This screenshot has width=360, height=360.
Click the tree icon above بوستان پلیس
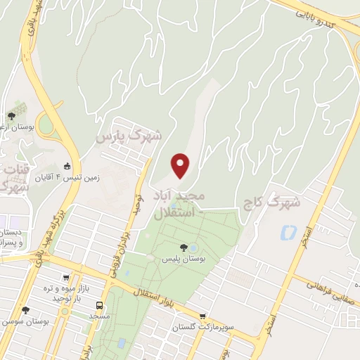coord(184,247)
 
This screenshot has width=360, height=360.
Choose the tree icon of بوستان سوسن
coord(26,310)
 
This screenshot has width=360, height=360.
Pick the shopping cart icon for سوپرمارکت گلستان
coord(202,316)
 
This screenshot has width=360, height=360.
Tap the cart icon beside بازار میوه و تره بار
coord(66,278)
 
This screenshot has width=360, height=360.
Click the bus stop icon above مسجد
coord(99,306)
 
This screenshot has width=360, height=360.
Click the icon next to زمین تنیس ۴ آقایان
coord(67,166)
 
